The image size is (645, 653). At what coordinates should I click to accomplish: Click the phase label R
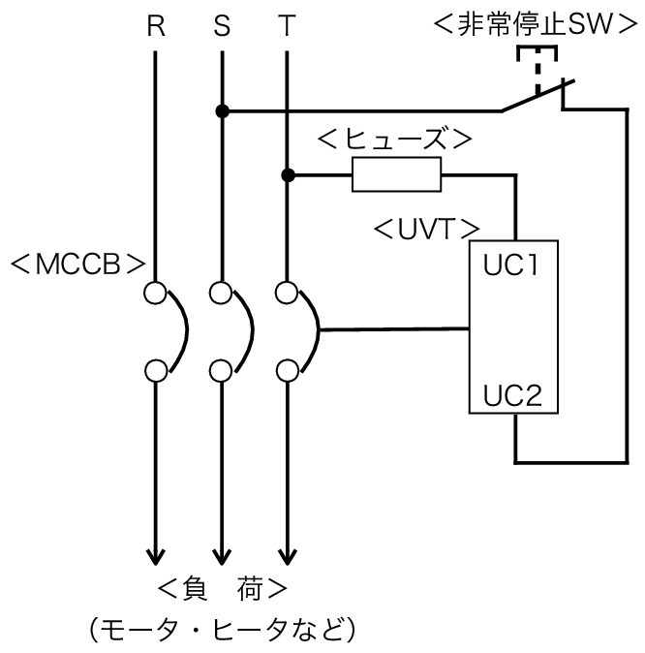[x=156, y=26]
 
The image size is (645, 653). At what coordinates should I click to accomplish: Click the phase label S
[x=222, y=26]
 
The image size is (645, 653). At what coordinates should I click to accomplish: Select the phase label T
[x=287, y=26]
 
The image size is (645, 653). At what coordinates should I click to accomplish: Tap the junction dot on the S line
[x=223, y=111]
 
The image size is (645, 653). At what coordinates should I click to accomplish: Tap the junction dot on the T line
[x=288, y=175]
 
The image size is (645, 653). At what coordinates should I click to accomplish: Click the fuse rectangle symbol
[x=396, y=174]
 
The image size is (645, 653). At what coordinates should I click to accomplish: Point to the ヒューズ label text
[x=395, y=140]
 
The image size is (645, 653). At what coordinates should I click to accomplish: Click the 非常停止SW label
[x=536, y=24]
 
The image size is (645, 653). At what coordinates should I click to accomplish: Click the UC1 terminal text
[x=510, y=264]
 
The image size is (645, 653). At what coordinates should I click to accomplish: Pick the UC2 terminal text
[x=512, y=395]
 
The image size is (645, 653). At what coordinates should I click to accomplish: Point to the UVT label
[x=427, y=229]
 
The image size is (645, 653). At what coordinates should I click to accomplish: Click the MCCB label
[x=78, y=264]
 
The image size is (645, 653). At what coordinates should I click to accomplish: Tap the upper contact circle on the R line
[x=155, y=293]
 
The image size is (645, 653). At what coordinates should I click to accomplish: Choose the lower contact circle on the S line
[x=221, y=371]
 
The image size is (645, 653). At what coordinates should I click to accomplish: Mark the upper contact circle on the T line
[x=287, y=293]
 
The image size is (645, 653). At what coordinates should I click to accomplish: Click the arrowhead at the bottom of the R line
[x=156, y=557]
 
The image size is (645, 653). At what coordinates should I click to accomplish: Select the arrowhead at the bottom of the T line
[x=288, y=557]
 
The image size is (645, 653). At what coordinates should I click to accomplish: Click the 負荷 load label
[x=223, y=589]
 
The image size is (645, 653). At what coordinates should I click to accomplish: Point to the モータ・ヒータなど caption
[x=223, y=630]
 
